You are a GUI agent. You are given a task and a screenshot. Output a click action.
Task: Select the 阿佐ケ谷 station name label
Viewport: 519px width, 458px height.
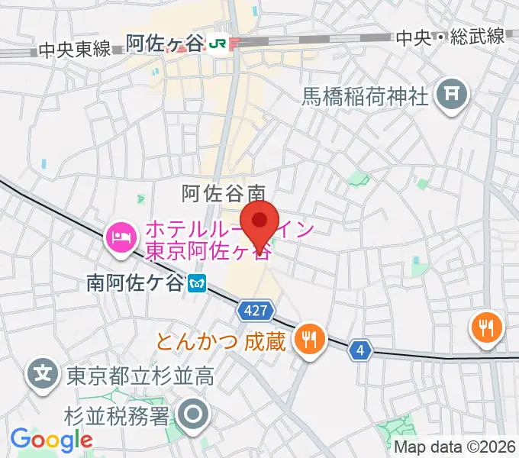click(165, 44)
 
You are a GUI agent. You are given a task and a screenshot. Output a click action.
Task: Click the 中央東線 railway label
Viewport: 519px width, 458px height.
click(73, 51)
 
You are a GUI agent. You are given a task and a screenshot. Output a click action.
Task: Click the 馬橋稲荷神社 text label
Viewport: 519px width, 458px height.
click(367, 96)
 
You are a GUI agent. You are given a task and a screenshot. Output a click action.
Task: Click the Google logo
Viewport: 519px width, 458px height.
click(51, 440)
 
